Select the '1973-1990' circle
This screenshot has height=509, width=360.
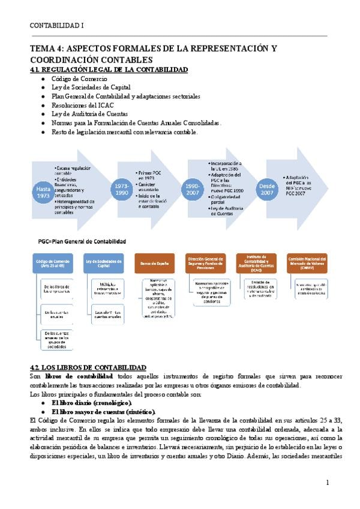pyautogui.click(x=122, y=190)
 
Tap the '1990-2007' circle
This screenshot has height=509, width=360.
pyautogui.click(x=193, y=190)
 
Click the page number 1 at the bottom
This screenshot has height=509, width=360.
pyautogui.click(x=328, y=482)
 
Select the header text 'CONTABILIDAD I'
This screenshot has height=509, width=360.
pyautogui.click(x=58, y=26)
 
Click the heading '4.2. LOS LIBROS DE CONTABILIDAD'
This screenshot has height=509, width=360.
pyautogui.click(x=88, y=367)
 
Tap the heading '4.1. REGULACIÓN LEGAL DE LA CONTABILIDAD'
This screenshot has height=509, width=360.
pyautogui.click(x=109, y=70)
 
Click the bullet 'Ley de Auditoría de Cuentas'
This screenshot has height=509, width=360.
pyautogui.click(x=90, y=113)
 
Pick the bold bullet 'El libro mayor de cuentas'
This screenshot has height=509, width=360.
pyautogui.click(x=103, y=412)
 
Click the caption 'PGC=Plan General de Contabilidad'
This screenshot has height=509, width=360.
pyautogui.click(x=82, y=241)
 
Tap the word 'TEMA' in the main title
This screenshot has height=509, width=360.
pyautogui.click(x=44, y=48)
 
